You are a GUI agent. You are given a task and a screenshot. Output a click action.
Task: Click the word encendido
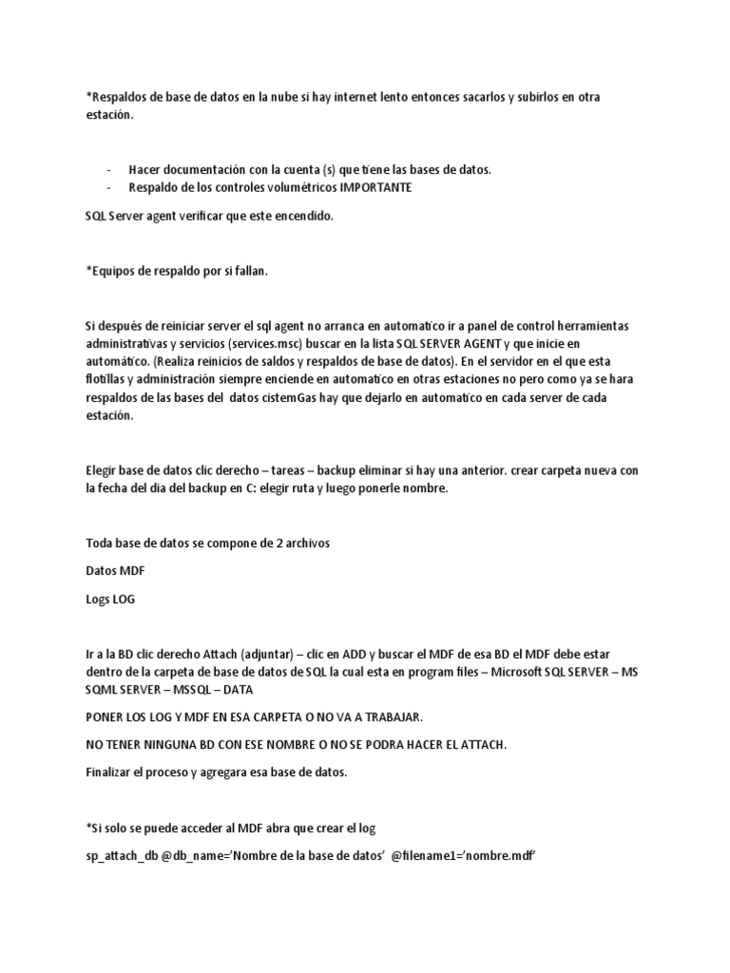click(x=303, y=217)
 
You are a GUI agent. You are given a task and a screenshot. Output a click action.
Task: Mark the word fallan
click(x=246, y=272)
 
